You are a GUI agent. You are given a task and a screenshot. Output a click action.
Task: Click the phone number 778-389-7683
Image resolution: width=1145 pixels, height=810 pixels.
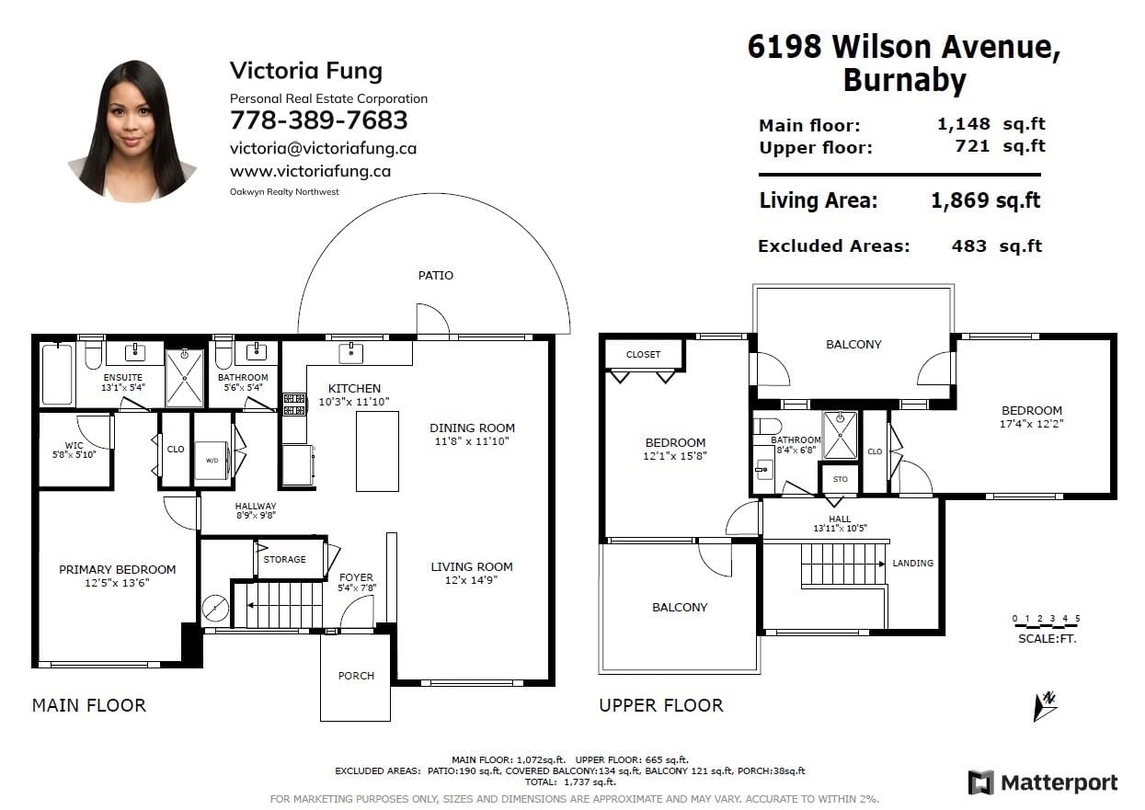click(x=318, y=120)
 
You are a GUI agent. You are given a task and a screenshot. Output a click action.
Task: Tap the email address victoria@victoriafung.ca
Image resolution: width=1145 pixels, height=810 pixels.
click(x=323, y=148)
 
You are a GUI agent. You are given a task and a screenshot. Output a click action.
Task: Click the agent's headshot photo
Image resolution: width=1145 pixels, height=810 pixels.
click(x=132, y=131)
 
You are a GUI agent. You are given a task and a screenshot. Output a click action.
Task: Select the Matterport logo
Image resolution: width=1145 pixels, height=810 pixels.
click(x=1043, y=782)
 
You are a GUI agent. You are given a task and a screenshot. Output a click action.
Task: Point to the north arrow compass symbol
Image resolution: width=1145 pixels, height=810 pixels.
click(x=1045, y=707)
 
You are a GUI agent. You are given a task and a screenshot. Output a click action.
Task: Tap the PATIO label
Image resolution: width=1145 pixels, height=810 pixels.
click(x=436, y=276)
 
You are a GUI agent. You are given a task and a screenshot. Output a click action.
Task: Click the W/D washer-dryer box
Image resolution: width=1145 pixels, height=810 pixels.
click(x=212, y=461)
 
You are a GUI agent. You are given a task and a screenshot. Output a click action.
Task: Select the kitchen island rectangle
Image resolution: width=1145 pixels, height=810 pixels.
click(x=377, y=451)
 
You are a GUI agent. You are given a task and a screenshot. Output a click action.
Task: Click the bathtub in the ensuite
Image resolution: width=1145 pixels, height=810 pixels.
click(x=57, y=374)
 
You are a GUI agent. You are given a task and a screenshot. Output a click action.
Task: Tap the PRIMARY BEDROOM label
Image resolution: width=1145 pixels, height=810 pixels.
click(x=117, y=569)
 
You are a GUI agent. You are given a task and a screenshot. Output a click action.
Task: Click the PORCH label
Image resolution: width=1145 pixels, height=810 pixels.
click(x=356, y=676)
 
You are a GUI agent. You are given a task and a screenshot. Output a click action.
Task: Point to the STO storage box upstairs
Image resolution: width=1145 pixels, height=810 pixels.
click(x=840, y=479)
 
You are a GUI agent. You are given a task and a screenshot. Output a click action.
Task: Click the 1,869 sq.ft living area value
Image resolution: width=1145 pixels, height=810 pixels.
click(x=986, y=200)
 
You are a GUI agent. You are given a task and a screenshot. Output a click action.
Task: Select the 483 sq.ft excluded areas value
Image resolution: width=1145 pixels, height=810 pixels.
click(x=996, y=246)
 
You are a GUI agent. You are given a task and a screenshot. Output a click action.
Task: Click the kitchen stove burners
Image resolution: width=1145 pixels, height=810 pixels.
click(x=294, y=405)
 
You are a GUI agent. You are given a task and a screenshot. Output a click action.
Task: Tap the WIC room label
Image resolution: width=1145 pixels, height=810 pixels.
click(x=74, y=445)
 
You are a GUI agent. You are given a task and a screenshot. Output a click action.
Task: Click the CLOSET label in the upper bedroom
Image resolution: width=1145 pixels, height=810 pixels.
click(x=643, y=354)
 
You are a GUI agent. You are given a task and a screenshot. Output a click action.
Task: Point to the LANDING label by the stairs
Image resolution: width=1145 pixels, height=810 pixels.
click(x=912, y=563)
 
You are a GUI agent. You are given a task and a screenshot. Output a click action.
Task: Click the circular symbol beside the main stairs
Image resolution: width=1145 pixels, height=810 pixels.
click(x=215, y=609)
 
